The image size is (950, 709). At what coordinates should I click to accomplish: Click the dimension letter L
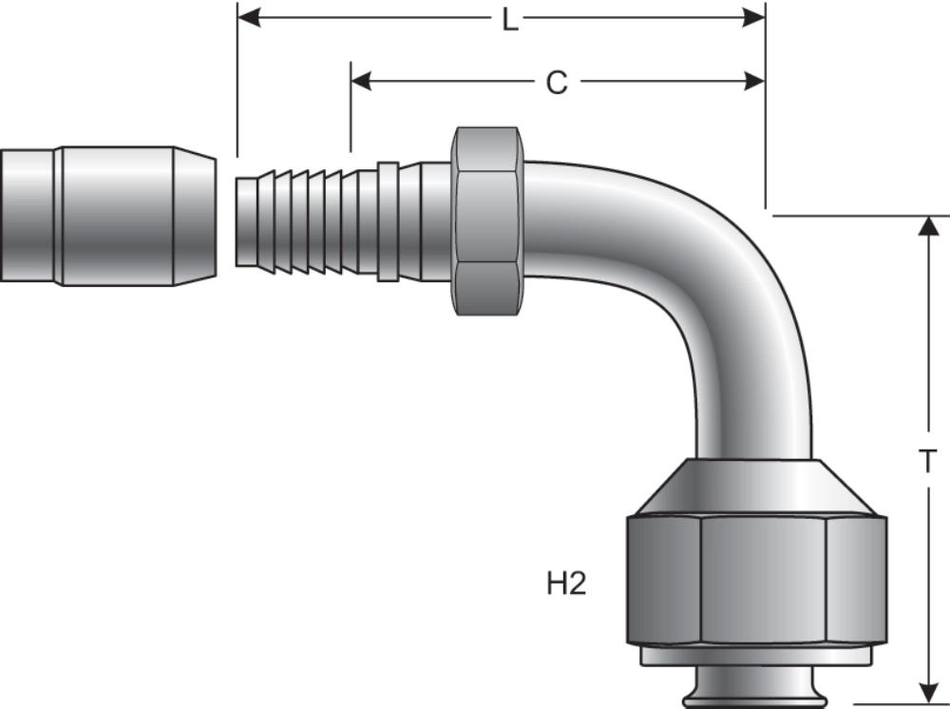[510, 19]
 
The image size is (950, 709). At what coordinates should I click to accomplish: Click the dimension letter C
[556, 84]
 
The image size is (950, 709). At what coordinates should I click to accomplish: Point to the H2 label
[566, 584]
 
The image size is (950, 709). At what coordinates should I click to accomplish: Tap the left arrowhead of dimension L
[247, 17]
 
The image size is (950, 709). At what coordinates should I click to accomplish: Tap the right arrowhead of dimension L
[755, 17]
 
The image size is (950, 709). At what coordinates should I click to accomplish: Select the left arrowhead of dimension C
[361, 82]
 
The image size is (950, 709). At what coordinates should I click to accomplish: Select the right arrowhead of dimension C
[755, 82]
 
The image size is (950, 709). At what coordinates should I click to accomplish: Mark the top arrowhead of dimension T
[926, 226]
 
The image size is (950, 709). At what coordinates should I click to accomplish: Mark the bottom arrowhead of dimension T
[926, 692]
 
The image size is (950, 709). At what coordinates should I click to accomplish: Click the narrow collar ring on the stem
[388, 221]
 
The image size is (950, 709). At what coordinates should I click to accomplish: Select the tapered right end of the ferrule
[195, 216]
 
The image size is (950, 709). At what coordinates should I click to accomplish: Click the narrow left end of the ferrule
[28, 216]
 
